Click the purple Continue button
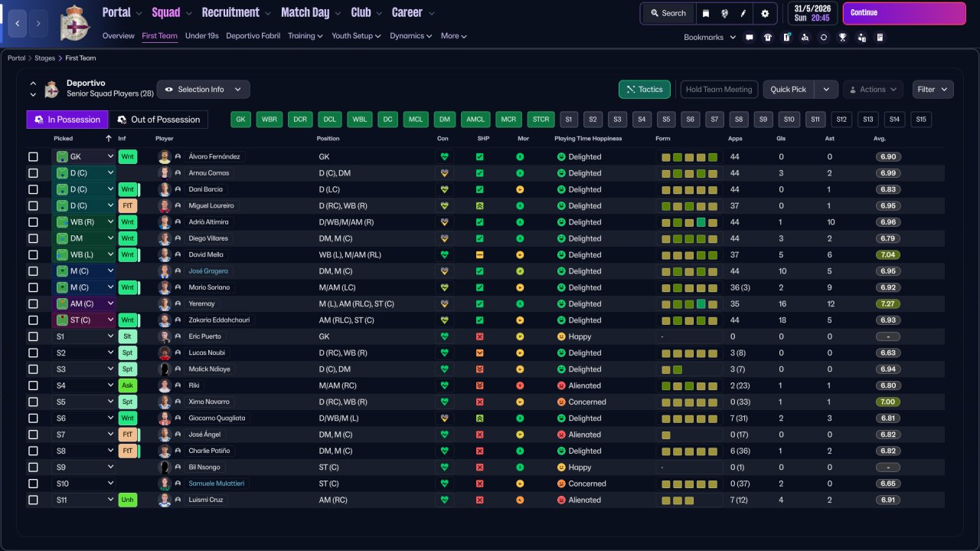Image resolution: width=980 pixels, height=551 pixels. (x=904, y=13)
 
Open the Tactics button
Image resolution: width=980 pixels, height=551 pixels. (x=644, y=90)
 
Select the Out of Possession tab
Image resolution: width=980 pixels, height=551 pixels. (x=158, y=120)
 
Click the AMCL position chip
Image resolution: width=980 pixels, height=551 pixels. (x=475, y=119)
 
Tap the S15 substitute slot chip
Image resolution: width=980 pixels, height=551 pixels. (x=921, y=119)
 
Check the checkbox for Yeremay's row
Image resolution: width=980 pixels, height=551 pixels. (x=33, y=304)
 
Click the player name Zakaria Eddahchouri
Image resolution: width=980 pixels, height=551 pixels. (x=219, y=320)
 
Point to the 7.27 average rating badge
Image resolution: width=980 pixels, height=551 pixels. (x=887, y=304)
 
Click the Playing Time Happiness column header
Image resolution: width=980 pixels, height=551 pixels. (x=588, y=139)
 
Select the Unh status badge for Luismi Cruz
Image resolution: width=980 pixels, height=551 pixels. (x=127, y=500)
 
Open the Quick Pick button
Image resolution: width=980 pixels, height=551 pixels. (x=789, y=90)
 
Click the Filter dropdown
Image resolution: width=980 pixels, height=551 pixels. (x=933, y=90)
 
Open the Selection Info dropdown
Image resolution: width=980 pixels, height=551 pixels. (x=204, y=90)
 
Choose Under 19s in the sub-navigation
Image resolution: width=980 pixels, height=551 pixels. (x=201, y=36)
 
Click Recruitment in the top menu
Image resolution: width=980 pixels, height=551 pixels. (x=230, y=13)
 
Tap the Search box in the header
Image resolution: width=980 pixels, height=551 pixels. (x=668, y=13)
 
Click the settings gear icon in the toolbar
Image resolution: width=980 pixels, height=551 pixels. (x=765, y=14)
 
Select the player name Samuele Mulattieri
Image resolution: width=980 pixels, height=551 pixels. (x=216, y=484)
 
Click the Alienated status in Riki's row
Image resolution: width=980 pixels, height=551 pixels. (x=584, y=386)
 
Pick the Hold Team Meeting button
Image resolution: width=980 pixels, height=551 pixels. (x=719, y=90)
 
